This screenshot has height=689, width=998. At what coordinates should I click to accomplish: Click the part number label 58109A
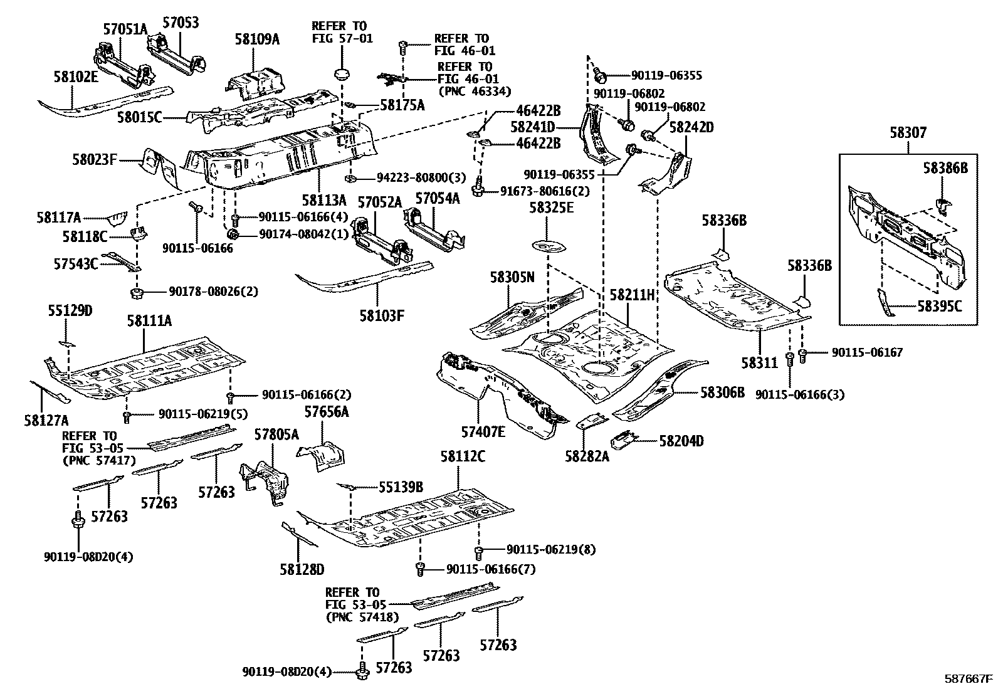coord(257,39)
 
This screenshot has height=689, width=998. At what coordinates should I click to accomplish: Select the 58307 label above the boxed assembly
coord(908,133)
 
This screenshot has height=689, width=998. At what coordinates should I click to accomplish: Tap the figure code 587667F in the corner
coord(969,678)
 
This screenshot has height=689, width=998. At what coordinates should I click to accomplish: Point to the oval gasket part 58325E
coord(547,245)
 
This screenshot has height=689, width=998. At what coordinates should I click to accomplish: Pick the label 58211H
coord(632,295)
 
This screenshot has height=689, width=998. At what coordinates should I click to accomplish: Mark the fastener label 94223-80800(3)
coord(413,177)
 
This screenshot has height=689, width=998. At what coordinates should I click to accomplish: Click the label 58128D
coord(302,569)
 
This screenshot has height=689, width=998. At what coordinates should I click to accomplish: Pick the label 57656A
coord(327,412)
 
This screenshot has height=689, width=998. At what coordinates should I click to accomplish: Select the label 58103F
coord(382,315)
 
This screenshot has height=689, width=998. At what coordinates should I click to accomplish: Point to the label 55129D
coord(70,310)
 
